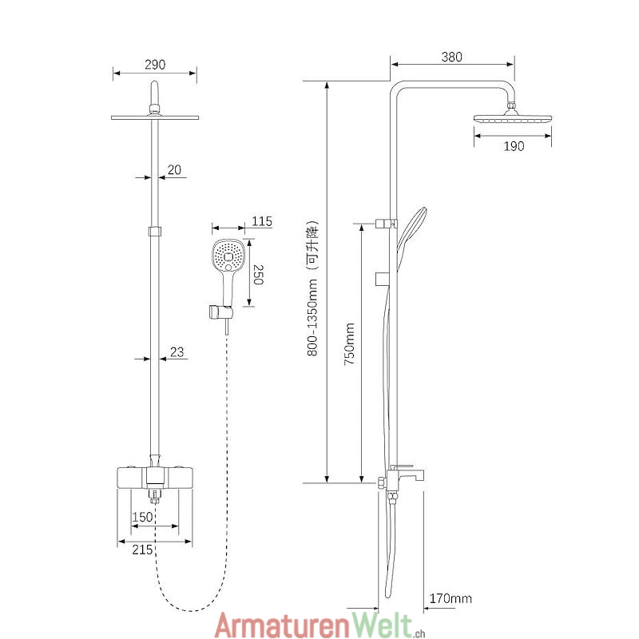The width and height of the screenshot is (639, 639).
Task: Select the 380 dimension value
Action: (x=451, y=58)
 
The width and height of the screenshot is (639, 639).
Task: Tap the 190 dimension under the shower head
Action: (x=514, y=146)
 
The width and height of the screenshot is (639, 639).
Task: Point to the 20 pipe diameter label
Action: (x=175, y=169)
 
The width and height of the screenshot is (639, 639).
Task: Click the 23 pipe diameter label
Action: (x=177, y=351)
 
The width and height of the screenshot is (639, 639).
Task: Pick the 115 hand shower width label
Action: (x=262, y=221)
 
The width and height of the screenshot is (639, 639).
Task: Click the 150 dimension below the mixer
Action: (x=142, y=517)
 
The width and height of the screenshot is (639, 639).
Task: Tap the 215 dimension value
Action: (x=142, y=550)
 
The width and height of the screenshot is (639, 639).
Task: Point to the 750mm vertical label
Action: (x=349, y=343)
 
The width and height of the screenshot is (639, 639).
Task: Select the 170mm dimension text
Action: (x=450, y=598)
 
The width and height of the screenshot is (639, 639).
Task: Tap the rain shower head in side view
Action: (x=513, y=119)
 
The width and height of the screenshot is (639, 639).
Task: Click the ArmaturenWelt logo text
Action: (x=316, y=623)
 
